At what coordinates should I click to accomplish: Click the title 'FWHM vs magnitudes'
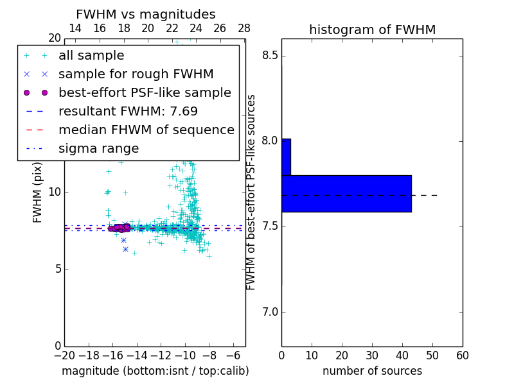[x=146, y=15]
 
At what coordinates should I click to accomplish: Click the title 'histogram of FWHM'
[x=372, y=30]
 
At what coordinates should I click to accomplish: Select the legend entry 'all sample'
[x=91, y=56]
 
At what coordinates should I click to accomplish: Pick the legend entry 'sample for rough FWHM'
[x=136, y=74]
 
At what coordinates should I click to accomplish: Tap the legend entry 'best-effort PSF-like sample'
[x=145, y=93]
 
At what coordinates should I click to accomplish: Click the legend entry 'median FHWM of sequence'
[x=146, y=130]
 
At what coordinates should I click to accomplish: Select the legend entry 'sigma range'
[x=98, y=149]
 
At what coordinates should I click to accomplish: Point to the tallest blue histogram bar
[x=346, y=193]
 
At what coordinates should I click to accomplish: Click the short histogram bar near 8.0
[x=286, y=157]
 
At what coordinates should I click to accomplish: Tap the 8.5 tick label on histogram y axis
[x=270, y=55]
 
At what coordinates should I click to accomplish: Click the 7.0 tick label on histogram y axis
[x=270, y=312]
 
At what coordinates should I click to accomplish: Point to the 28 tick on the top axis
[x=244, y=28]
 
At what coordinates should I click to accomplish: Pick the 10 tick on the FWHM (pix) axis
[x=55, y=193]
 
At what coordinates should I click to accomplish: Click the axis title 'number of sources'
[x=372, y=372]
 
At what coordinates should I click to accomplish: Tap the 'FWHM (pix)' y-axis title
[x=38, y=193]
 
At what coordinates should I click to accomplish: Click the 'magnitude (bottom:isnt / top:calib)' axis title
[x=155, y=372]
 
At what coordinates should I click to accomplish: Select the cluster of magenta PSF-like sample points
[x=118, y=228]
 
